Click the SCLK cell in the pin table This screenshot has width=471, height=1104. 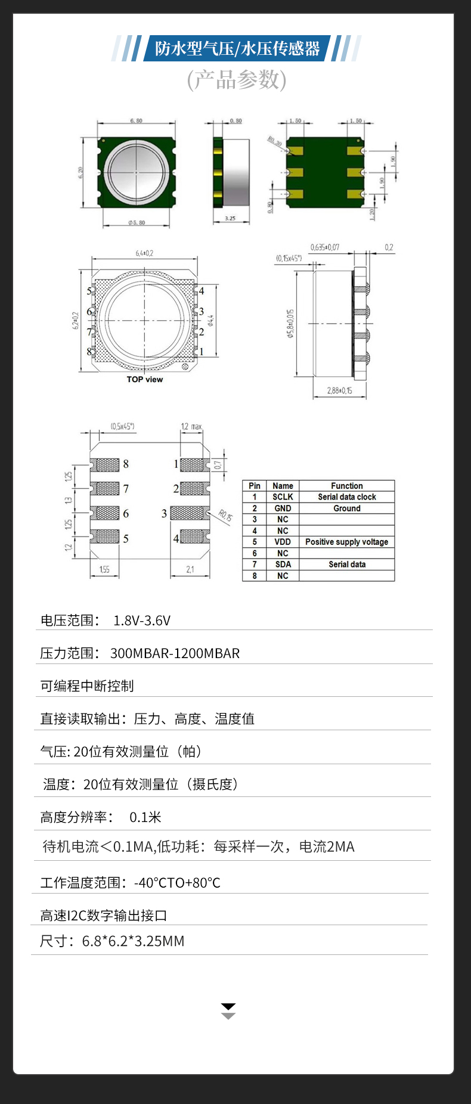[283, 497]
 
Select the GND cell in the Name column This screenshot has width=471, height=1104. [283, 508]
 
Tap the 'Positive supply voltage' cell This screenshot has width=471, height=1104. [346, 542]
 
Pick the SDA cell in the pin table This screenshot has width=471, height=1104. [283, 565]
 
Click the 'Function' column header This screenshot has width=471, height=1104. [346, 486]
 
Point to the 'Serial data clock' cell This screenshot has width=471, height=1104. [346, 497]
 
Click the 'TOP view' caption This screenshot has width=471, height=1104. [144, 380]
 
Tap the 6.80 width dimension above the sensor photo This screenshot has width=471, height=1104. [137, 121]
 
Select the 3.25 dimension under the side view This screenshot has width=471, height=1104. [230, 218]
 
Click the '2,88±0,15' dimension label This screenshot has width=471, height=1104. [339, 391]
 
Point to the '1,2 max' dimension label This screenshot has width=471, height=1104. [191, 427]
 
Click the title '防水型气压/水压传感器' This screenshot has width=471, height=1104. [237, 48]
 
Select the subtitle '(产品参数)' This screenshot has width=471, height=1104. [237, 79]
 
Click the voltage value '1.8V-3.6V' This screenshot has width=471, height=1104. [142, 621]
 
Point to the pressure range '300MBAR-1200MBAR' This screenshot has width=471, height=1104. [175, 653]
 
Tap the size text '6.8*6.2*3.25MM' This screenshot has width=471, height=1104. [133, 941]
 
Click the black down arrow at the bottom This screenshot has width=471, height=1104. [228, 1007]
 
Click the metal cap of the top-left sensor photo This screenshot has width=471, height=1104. [137, 172]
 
